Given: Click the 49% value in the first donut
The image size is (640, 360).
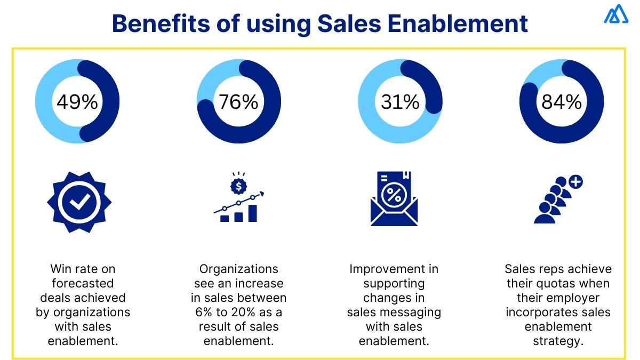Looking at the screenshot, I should coord(77,101).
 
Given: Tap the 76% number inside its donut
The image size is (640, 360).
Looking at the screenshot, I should coord(238,101).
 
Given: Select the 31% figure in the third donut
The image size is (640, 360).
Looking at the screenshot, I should coord(400,101).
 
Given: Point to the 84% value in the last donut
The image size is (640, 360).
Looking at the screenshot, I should coord(561,101).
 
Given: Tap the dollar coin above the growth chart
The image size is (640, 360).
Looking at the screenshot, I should coord(237,186).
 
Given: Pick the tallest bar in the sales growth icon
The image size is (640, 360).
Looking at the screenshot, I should coord(252,213).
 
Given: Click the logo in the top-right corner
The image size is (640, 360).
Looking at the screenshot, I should coord(616,14).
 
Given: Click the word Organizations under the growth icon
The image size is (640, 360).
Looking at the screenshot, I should coord(239,269).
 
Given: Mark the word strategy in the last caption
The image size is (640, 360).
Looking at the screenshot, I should coord(558,341).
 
